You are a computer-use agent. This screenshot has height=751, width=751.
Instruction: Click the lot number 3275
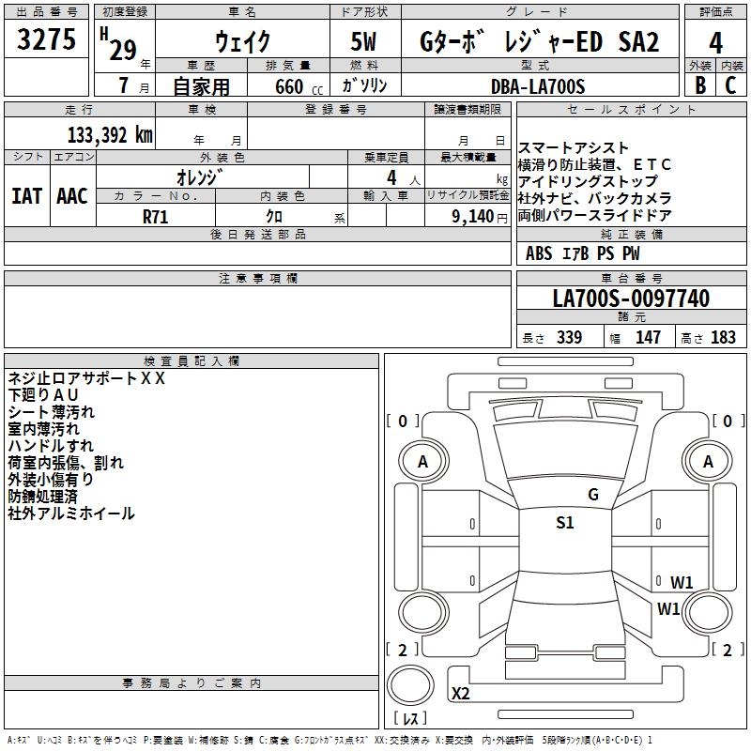click(x=46, y=41)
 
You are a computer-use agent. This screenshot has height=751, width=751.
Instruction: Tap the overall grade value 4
click(x=715, y=43)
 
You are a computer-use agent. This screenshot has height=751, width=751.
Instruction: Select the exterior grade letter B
click(x=699, y=84)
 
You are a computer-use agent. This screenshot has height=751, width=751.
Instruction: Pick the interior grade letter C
click(x=731, y=84)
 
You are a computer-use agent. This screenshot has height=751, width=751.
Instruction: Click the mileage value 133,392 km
click(x=110, y=134)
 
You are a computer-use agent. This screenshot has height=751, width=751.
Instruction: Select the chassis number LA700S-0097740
click(x=631, y=299)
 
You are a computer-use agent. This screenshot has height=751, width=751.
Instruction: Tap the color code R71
click(x=156, y=216)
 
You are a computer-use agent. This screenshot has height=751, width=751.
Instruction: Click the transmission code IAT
click(x=26, y=196)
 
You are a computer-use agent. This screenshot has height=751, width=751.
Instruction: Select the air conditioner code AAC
click(x=71, y=196)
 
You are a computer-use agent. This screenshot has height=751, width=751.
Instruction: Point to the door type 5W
click(x=366, y=43)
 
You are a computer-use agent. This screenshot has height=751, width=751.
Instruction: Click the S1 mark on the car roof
click(x=564, y=524)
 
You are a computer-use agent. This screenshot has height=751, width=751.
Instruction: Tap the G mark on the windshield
click(x=592, y=495)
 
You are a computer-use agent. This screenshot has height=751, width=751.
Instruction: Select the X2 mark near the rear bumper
click(x=461, y=694)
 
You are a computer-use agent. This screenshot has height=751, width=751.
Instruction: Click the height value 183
click(x=724, y=338)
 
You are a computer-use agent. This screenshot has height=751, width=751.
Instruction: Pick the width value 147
click(x=648, y=338)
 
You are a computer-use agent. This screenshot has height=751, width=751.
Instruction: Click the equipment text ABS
click(x=539, y=253)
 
